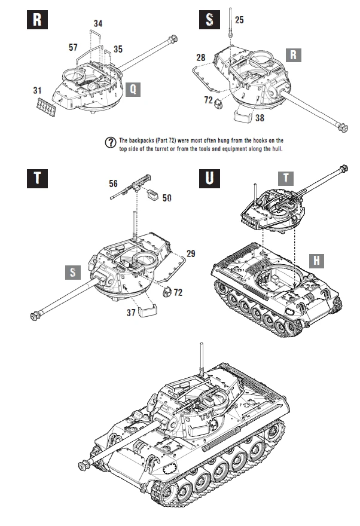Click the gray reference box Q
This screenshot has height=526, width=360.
pos(134,89)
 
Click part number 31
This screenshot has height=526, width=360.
pos(38,91)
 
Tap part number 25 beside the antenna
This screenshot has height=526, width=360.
pos(239,20)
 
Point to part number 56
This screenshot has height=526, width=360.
pos(113,184)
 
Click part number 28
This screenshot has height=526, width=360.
pos(200,57)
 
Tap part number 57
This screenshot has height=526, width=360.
pos(73,46)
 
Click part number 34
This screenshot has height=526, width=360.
pos(98,23)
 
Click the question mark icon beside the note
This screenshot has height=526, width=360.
pos(110,142)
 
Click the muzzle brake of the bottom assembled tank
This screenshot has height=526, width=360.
pos(84,464)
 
